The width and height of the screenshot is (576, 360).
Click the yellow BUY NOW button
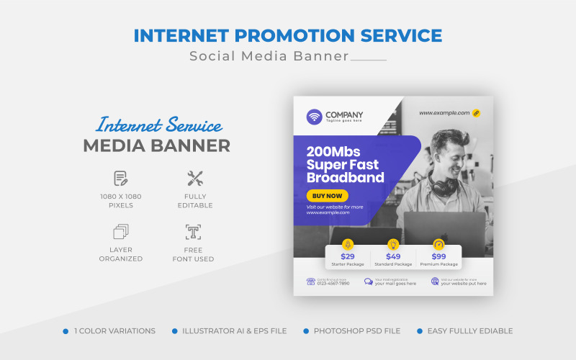327,196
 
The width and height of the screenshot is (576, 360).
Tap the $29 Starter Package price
348,256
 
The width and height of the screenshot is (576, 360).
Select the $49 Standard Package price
393,256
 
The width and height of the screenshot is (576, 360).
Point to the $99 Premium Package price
438,256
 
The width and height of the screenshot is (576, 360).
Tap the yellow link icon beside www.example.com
476,113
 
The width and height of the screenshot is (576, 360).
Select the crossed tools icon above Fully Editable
195,178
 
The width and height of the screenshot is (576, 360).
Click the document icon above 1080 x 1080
121,178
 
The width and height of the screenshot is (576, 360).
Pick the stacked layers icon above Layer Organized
121,232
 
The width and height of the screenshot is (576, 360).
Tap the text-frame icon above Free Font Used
193,232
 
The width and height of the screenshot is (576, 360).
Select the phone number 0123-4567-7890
333,284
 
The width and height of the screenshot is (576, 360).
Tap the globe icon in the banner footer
435,282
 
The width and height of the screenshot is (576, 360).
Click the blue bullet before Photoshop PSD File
306,331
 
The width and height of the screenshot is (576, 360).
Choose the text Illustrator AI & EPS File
235,331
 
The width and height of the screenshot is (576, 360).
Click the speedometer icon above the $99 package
438,244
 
